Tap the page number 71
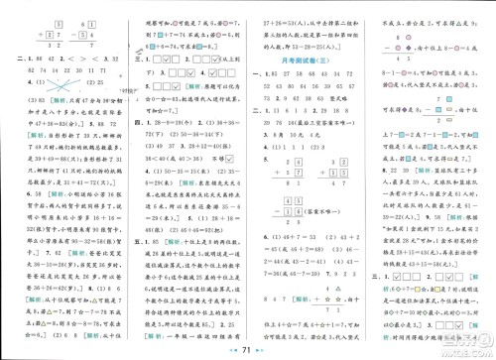248,346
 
